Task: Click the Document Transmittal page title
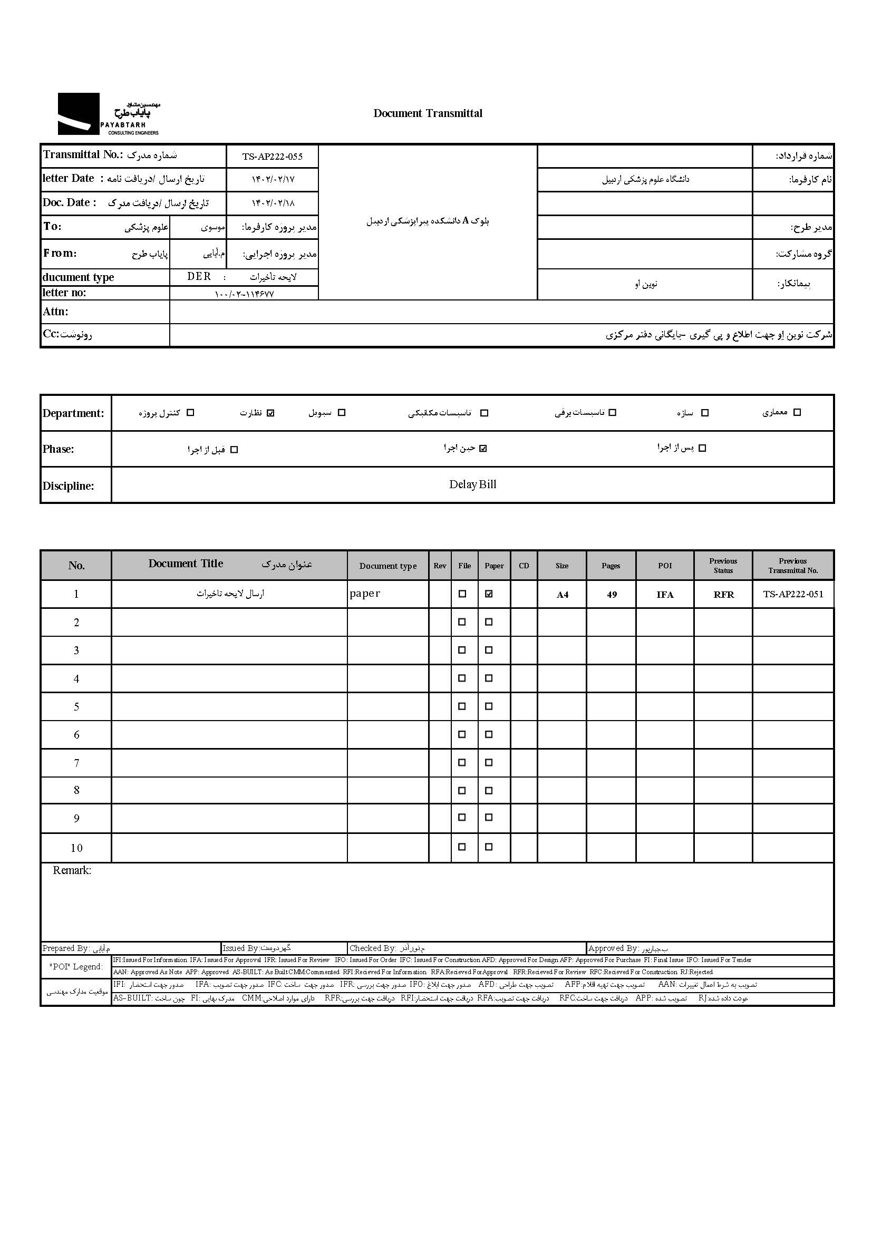428,113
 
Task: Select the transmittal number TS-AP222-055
272,157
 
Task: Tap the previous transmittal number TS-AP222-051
792,594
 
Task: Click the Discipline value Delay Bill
472,484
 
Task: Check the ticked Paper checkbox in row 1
489,594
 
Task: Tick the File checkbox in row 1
462,594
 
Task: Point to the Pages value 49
612,595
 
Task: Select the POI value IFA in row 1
665,595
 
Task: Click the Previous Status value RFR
723,595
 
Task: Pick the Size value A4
562,595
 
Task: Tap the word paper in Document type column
365,594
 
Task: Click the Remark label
72,870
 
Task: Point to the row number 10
76,848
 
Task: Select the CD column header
524,566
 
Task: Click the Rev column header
440,566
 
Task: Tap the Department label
73,413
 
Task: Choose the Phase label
58,449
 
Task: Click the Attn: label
55,312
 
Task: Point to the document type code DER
199,277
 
